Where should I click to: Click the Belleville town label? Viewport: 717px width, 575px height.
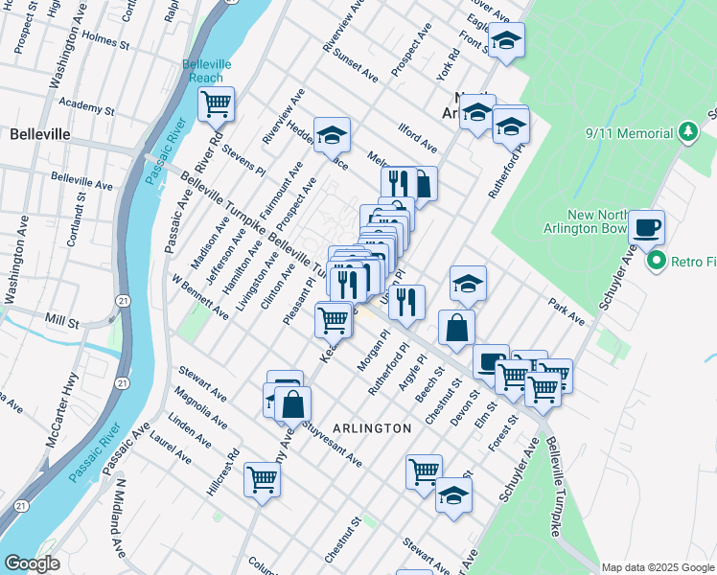(39, 134)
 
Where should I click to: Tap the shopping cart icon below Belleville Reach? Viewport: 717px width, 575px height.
(217, 103)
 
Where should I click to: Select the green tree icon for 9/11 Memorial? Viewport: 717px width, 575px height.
(687, 130)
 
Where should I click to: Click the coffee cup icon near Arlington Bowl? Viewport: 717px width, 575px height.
(646, 227)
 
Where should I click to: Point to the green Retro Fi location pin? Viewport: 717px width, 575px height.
(657, 260)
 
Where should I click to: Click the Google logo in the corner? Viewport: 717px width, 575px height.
(32, 563)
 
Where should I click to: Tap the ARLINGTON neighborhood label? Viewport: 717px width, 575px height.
(373, 427)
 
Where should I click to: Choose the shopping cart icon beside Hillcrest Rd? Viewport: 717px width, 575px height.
(262, 479)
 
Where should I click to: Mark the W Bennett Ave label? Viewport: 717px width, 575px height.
(200, 297)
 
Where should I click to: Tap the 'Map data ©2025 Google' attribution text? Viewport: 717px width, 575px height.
(658, 566)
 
